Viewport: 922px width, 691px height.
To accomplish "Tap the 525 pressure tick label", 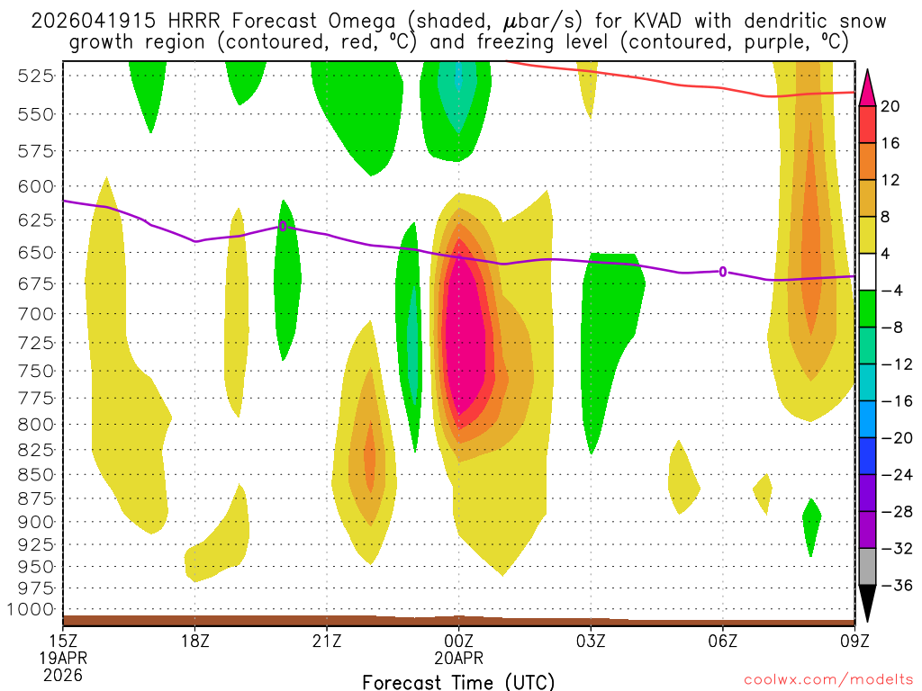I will pyautogui.click(x=35, y=76).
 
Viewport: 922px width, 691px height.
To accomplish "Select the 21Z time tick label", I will pyautogui.click(x=327, y=642).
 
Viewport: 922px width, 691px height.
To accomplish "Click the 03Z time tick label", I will pyautogui.click(x=591, y=642).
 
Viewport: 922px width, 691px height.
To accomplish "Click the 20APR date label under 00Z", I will pyautogui.click(x=459, y=659).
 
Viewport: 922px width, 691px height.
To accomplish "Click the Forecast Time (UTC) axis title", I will pyautogui.click(x=459, y=681).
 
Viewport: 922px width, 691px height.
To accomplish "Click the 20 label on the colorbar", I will pyautogui.click(x=891, y=106).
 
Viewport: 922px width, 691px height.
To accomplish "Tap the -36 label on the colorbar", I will pyautogui.click(x=891, y=586).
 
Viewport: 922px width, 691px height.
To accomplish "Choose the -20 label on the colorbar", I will pyautogui.click(x=891, y=438).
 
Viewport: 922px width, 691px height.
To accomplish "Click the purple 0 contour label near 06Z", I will pyautogui.click(x=723, y=272).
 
